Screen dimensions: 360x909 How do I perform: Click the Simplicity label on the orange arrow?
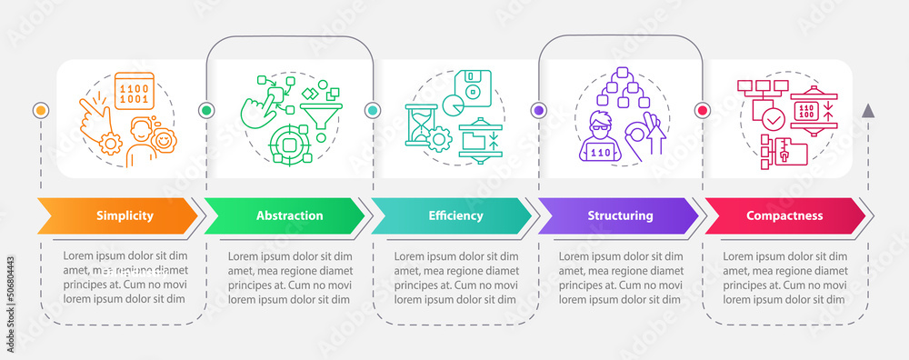point(125,216)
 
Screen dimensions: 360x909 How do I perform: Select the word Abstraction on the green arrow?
point(289,216)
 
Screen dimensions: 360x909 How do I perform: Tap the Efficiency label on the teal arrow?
point(455,216)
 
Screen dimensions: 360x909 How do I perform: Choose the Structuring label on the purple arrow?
point(620,216)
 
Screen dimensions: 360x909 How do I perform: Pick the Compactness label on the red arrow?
point(784,216)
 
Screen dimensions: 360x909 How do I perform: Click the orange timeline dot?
point(40,110)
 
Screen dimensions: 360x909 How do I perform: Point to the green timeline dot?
point(206,110)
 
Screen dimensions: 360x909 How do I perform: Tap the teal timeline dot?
point(372,110)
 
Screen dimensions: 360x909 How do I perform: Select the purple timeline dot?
point(538,110)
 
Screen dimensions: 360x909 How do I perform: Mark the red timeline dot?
point(703,110)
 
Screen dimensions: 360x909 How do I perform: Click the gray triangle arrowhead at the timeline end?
point(868,111)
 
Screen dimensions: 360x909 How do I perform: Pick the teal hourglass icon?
point(420,124)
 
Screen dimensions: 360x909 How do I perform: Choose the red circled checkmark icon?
point(773,118)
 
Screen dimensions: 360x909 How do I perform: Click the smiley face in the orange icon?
point(165,142)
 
